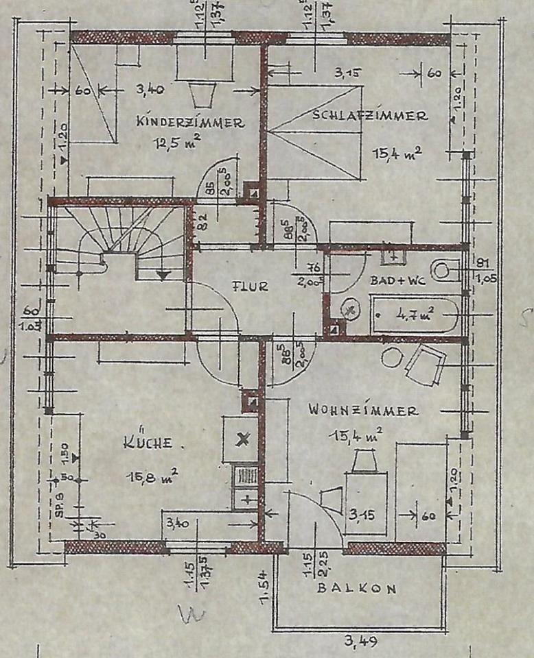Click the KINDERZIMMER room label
[x=190, y=123]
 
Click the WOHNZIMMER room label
[x=363, y=411]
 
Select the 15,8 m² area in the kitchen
[x=152, y=475]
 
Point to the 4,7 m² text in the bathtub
[x=414, y=315]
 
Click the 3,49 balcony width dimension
[x=360, y=642]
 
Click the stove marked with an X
[x=241, y=439]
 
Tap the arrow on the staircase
[x=163, y=274]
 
